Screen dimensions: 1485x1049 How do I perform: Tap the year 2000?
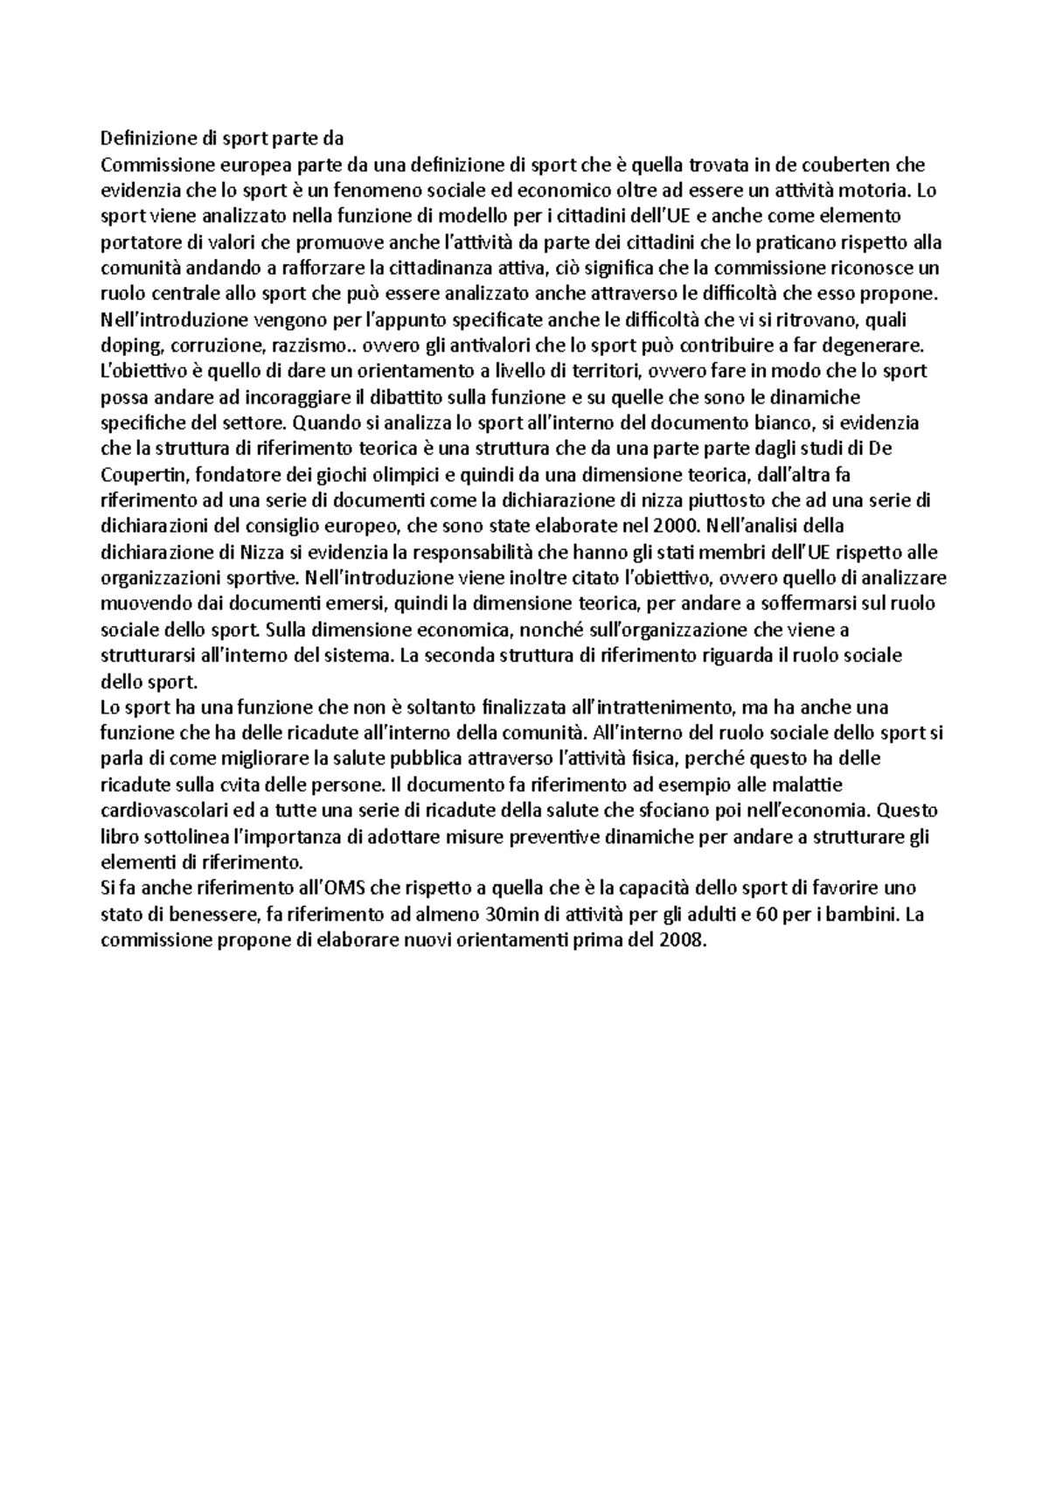[674, 526]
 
